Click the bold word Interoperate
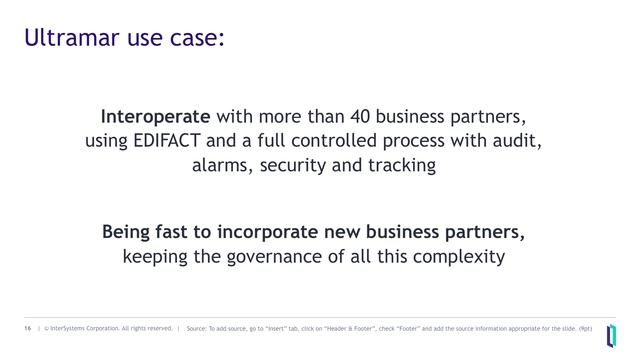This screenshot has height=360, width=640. click(155, 116)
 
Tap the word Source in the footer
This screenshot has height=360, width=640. click(197, 327)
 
